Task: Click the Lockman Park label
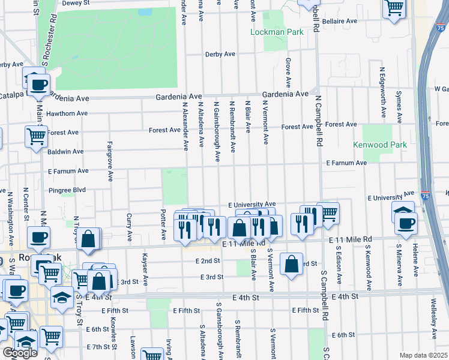pos(277,32)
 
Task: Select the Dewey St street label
pos(75,2)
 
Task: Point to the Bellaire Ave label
pos(339,20)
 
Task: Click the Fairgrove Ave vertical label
pos(110,161)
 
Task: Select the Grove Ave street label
pos(288,71)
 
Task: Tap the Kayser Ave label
pos(145,268)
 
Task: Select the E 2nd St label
pos(208,261)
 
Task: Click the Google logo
pos(20,353)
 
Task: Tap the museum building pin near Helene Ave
pos(403,211)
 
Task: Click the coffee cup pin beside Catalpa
pos(39,84)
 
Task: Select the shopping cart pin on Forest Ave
pos(36,136)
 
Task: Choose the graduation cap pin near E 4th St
pos(62,297)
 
